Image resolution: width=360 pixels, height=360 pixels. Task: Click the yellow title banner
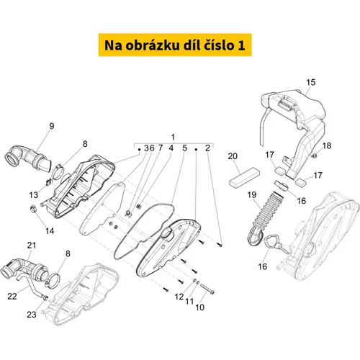[x=175, y=45]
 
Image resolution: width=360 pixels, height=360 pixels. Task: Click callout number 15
[x=310, y=82]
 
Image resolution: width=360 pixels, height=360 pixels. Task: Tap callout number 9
[x=52, y=126]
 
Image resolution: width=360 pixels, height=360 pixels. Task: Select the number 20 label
[x=233, y=156]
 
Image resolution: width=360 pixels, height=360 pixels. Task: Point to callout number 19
[x=252, y=194]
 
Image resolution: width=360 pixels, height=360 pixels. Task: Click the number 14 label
[x=50, y=231]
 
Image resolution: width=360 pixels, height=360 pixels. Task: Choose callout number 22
[x=12, y=296]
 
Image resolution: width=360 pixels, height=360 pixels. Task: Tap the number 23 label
[x=32, y=315]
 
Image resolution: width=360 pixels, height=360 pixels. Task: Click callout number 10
[x=199, y=307]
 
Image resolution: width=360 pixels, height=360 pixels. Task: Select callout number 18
[x=327, y=145]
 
